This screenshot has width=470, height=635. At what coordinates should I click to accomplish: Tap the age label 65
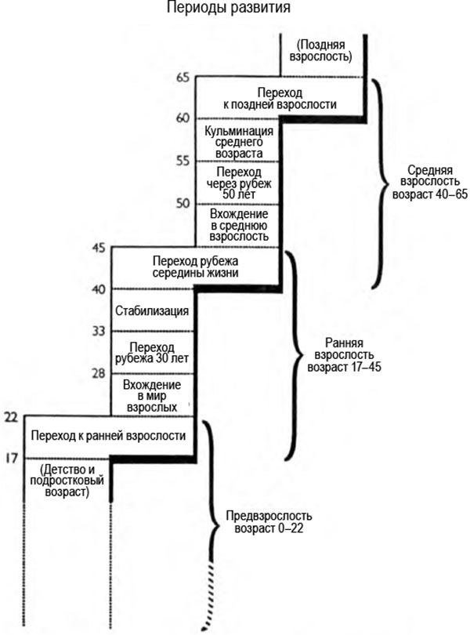(x=183, y=77)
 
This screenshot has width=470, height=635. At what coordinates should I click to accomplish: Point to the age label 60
(x=183, y=118)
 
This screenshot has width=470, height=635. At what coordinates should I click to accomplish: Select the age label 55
(x=183, y=161)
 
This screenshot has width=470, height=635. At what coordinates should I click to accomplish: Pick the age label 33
(x=99, y=331)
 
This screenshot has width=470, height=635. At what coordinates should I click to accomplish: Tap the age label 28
(x=99, y=373)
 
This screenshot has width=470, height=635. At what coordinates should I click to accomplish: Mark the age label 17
(x=10, y=457)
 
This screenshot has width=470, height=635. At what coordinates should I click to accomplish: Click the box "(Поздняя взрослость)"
(x=324, y=51)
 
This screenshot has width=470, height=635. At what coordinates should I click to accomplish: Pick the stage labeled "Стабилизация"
(x=152, y=311)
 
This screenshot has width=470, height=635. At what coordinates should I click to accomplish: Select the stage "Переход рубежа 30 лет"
(x=152, y=353)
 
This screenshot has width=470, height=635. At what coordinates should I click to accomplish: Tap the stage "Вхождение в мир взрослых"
(x=152, y=395)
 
